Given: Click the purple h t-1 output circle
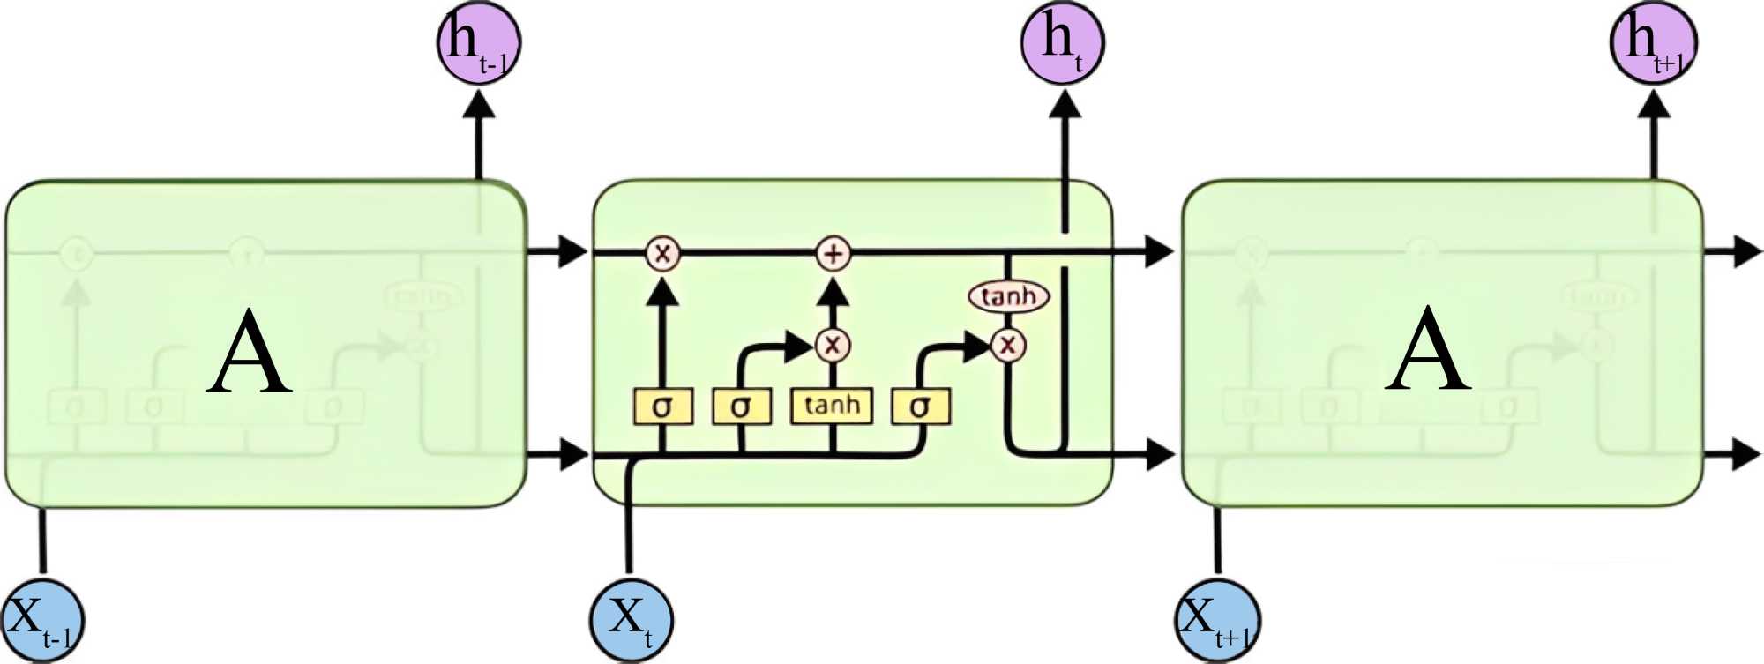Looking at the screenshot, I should click(479, 42).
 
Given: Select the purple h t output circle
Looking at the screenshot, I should click(1062, 42).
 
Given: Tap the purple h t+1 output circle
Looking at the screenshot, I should click(1653, 42).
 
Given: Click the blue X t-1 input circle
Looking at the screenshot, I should click(42, 621).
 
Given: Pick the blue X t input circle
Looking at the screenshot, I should click(631, 621).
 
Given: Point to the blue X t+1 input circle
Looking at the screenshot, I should click(1219, 621).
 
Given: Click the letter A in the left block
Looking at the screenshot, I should click(250, 353).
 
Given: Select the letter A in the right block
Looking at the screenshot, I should click(1428, 351).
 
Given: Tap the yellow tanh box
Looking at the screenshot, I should click(832, 406).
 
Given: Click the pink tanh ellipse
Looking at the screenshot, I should click(1008, 296).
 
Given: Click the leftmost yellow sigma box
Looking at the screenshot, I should click(662, 407).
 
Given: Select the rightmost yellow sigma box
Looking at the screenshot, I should click(920, 407).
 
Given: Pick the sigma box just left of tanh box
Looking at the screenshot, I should click(741, 407).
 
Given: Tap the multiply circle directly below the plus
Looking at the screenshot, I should click(832, 345).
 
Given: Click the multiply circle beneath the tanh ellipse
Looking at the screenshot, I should click(1007, 345).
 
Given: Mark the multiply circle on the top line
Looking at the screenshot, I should click(661, 254).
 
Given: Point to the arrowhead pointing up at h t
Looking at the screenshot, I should click(1065, 105).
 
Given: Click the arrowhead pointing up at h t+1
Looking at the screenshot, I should click(1654, 105).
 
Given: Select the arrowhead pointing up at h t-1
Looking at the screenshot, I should click(479, 105).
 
